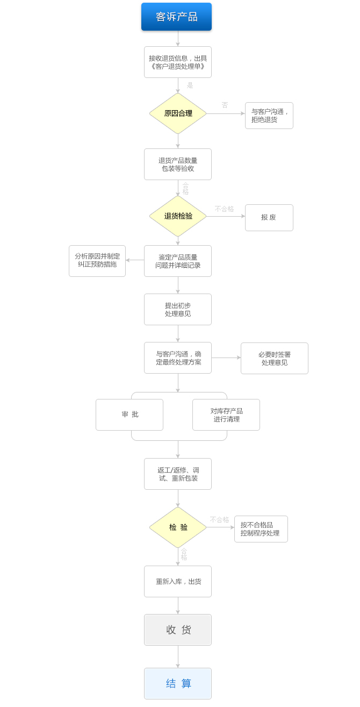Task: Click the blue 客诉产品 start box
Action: (x=176, y=17)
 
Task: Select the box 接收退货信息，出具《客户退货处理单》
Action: (x=177, y=62)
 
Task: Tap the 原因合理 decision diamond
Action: (x=178, y=113)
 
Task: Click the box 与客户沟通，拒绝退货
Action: (x=269, y=116)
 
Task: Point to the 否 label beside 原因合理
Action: (x=225, y=105)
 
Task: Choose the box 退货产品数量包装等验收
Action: (x=177, y=164)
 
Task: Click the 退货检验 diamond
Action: (x=178, y=216)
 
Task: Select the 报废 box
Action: (x=269, y=218)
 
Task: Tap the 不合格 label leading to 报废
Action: (x=224, y=209)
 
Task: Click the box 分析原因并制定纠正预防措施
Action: (x=97, y=261)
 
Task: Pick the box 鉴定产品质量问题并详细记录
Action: (x=177, y=261)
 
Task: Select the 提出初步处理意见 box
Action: (x=177, y=309)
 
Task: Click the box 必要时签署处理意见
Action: (x=274, y=358)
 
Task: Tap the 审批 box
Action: (x=129, y=415)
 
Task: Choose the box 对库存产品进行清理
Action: (x=226, y=415)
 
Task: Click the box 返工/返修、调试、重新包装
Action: (x=177, y=474)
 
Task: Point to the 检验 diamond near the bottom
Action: (x=178, y=527)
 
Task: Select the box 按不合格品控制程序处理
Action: (x=261, y=529)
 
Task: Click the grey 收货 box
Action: (x=177, y=630)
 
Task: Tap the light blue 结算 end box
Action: (x=177, y=683)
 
